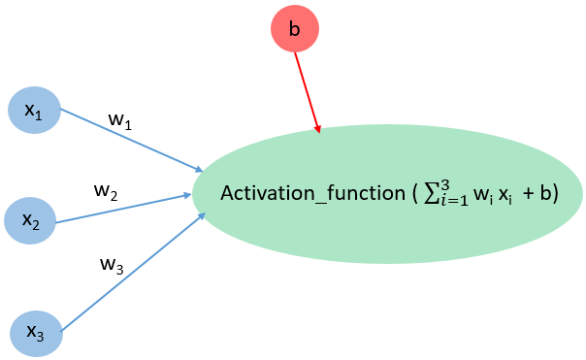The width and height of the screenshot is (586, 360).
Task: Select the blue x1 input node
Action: coord(34,110)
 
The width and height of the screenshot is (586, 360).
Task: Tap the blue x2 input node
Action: coord(31,220)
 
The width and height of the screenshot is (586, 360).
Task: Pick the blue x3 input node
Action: coord(36,331)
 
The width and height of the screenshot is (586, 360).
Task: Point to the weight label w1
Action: coord(119,121)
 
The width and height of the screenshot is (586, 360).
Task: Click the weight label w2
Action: coord(106,189)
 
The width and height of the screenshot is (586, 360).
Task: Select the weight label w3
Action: coord(112,263)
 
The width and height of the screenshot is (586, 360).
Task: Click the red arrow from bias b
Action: coord(307,89)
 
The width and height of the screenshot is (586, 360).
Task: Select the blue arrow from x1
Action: coord(131,140)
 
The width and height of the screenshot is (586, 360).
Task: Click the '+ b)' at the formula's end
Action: coord(537,192)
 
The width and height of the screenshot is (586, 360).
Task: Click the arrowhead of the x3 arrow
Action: coord(202,215)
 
